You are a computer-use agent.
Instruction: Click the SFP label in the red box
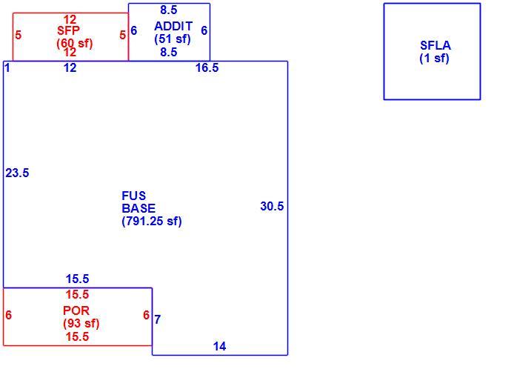68,30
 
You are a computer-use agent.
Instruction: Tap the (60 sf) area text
75,43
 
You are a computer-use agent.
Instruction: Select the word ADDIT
173,26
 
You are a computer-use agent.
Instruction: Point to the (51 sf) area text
173,39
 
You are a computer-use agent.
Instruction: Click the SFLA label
435,45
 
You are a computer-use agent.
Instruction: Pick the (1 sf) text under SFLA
434,59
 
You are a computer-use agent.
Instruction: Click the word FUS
134,196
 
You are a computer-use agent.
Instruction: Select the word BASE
138,208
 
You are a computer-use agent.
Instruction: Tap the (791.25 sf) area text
151,221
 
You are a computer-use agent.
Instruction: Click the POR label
76,310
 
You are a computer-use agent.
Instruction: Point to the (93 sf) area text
81,323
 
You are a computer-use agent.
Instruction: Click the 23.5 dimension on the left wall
17,173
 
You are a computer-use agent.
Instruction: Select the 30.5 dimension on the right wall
272,206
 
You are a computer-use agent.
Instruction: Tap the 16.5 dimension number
207,67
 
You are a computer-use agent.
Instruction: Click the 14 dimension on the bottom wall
220,346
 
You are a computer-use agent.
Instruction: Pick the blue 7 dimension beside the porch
157,319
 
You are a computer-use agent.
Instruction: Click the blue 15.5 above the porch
77,279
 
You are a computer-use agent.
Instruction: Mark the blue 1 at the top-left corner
7,67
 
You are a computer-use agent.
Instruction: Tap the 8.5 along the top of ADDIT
169,10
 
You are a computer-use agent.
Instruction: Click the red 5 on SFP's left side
19,35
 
